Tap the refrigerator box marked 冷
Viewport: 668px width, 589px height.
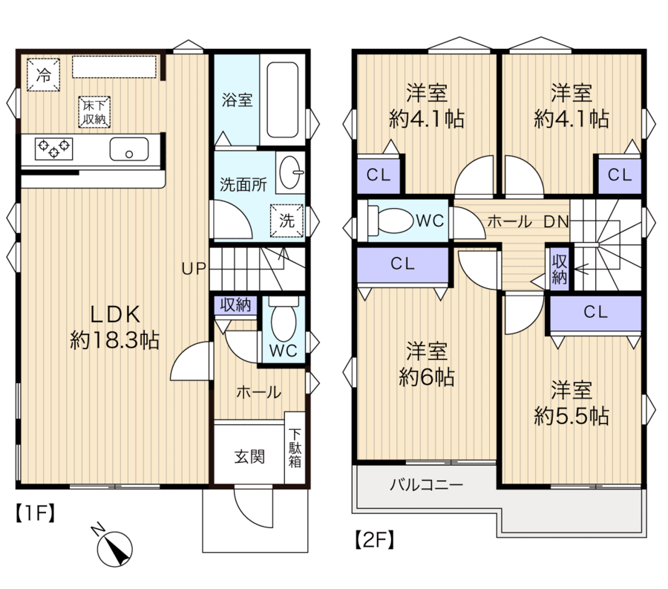point(44,74)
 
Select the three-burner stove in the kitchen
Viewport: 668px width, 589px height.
point(53,149)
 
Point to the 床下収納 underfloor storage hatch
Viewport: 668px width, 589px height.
point(94,112)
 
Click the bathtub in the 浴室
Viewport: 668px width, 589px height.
point(282,100)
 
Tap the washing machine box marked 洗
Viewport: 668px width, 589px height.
point(286,221)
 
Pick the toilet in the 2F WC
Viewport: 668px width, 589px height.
point(390,220)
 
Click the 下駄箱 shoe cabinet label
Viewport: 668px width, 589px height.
point(295,448)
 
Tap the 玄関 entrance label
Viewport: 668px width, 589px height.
point(249,457)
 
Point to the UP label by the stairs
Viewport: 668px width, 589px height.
point(194,268)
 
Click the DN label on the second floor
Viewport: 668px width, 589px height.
point(556,221)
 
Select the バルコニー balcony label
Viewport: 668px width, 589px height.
point(427,485)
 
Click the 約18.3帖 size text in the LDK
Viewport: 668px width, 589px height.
point(114,340)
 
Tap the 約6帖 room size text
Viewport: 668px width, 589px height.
point(427,377)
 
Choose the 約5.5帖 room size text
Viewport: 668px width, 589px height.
point(572,416)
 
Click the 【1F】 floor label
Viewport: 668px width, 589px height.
point(36,512)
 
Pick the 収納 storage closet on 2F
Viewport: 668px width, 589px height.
point(559,270)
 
